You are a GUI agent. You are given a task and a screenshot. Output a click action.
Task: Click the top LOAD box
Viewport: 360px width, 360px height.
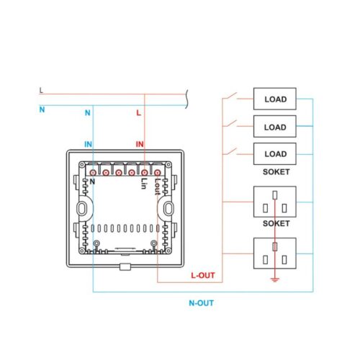pos(275,99)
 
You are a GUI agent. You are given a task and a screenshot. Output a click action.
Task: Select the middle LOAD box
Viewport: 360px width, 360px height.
pos(275,127)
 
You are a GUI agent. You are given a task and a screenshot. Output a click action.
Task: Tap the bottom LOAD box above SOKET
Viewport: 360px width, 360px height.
pos(275,154)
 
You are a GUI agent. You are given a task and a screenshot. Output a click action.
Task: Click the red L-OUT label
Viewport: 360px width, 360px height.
pos(203,275)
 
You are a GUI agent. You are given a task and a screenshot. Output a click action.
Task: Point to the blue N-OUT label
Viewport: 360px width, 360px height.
pos(202,303)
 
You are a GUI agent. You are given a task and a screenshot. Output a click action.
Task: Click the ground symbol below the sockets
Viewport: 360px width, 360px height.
pos(275,279)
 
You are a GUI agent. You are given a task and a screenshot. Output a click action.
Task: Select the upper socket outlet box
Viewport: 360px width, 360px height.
pos(275,202)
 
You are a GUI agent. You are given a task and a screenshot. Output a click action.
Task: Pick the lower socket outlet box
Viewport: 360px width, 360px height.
pos(275,253)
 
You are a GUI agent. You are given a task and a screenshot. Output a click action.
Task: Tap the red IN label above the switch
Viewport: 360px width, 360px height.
pos(140,144)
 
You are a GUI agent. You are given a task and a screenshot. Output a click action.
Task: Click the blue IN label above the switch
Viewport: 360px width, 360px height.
pos(88,144)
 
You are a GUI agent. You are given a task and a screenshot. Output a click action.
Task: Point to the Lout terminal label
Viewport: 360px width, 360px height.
pos(157,186)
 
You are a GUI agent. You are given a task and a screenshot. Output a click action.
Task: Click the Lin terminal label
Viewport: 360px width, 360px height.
pos(144,184)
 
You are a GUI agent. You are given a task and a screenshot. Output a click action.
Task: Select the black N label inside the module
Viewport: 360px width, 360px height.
pos(92,182)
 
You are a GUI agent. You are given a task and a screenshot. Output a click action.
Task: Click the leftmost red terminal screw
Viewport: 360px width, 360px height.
pos(93,173)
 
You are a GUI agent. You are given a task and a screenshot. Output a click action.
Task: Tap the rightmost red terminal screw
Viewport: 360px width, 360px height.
pos(157,173)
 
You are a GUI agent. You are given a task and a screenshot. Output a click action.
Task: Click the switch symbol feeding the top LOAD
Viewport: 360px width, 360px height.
pos(230,96)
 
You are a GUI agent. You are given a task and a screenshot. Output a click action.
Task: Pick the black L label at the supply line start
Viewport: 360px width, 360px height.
pos(41,90)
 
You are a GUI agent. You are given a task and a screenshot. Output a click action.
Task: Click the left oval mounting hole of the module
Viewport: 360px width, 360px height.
pos(82,208)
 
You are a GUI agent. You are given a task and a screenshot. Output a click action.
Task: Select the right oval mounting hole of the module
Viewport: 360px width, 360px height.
pos(168,208)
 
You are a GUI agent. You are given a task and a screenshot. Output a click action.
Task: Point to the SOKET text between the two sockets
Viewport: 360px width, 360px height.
pos(276,223)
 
